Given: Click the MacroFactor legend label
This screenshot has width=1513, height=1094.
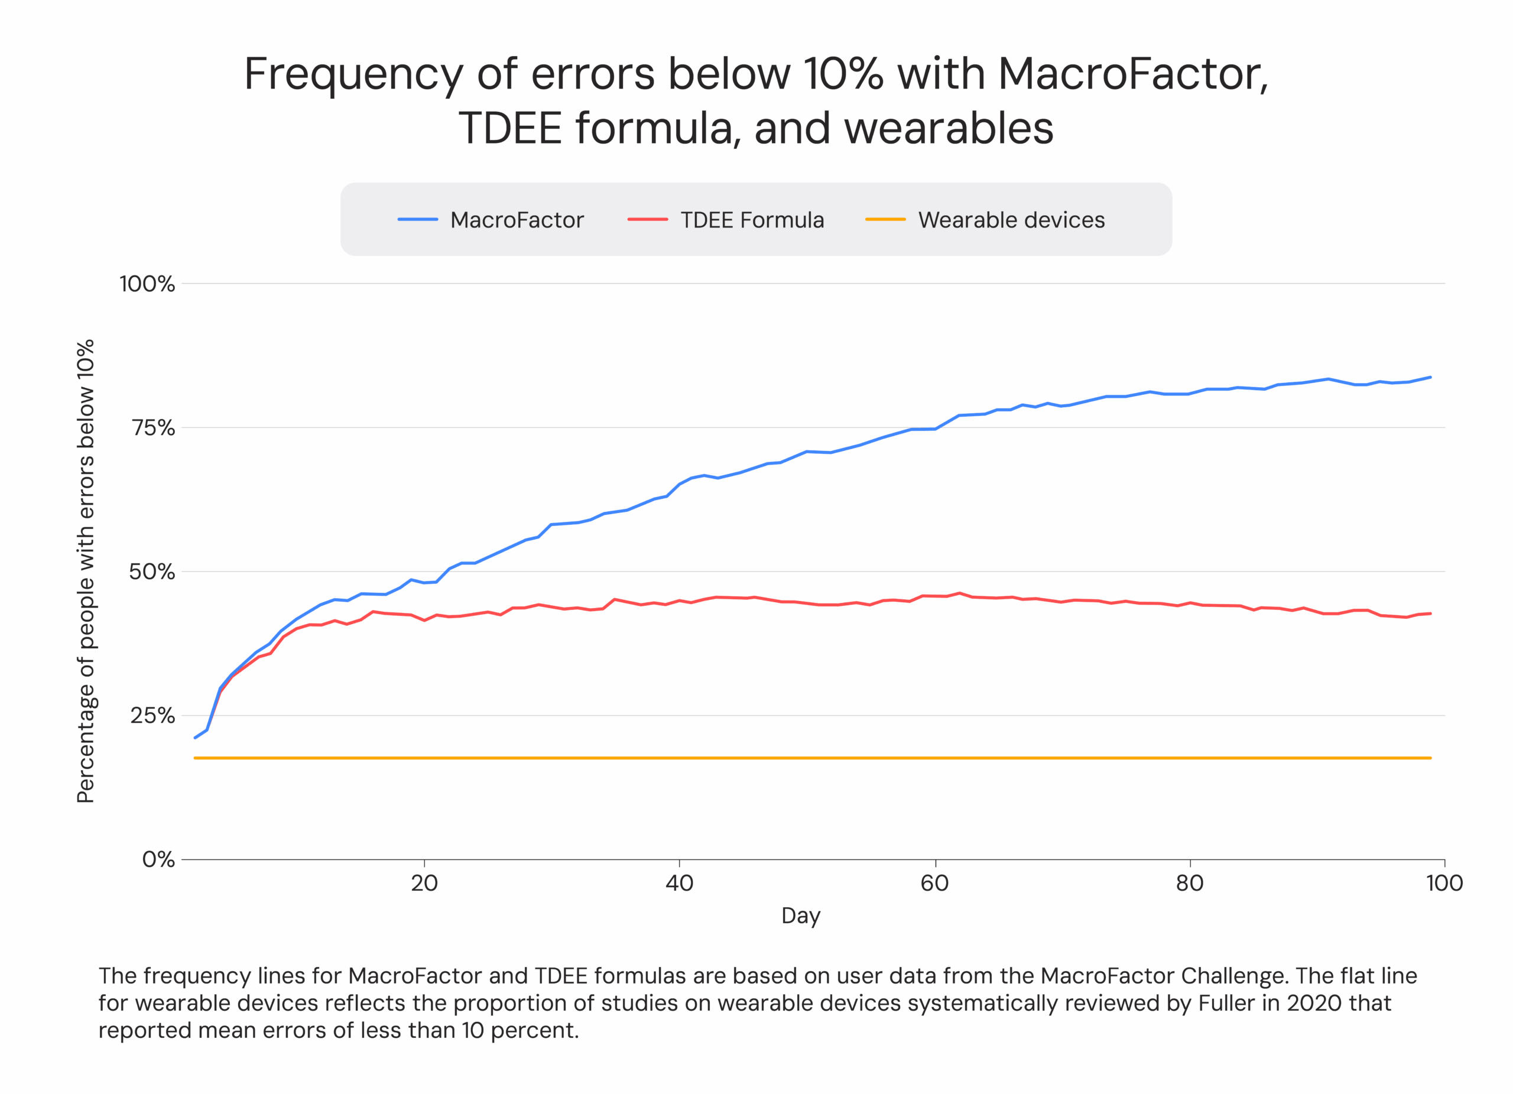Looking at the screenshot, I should pos(517,220).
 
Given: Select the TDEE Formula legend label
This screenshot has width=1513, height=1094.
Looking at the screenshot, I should pos(752,220).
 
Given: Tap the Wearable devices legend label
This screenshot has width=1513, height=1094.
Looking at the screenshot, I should pos(1011,220).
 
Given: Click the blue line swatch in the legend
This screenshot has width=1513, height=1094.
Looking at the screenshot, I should pos(418,219).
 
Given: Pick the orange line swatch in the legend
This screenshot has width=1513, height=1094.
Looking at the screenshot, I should pos(885,219).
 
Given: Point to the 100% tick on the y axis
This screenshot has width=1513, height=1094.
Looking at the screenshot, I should pos(147,284).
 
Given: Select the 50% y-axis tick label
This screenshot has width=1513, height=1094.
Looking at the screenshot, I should pos(151,572).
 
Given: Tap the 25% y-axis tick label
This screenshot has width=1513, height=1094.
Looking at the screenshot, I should pos(152,716).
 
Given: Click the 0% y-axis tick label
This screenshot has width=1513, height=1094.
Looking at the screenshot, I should pos(158,860).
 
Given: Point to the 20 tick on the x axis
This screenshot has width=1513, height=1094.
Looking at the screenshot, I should pos(424,884).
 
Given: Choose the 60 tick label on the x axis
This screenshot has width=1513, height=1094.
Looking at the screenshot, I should pos(934,884).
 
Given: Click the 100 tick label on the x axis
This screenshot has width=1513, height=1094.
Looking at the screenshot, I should pos(1444,884).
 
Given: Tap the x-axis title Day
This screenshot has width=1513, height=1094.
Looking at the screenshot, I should pos(800,916).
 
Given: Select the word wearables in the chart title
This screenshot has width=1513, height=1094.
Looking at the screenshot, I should pos(949,128).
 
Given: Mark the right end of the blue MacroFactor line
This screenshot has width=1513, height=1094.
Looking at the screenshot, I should pos(1430,378).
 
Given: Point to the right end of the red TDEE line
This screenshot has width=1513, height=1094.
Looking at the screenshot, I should pos(1430,613).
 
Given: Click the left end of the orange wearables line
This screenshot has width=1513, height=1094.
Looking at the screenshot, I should pos(195,758).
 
